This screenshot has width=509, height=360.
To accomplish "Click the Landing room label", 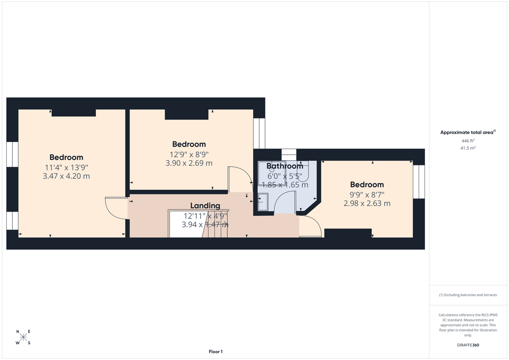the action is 205,206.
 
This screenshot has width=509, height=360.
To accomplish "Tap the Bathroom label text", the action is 285,166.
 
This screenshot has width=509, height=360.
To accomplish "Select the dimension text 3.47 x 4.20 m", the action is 66,176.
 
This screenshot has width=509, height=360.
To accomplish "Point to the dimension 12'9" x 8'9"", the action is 189,155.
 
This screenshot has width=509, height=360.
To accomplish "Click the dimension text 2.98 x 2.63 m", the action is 367,203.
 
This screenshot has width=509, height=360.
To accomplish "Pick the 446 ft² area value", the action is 468,141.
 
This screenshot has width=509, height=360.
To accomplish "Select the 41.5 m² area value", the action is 468,148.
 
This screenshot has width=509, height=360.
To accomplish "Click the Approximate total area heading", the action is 468,132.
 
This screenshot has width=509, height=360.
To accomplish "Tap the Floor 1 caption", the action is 215,352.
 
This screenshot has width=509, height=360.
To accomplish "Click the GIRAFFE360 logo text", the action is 468,345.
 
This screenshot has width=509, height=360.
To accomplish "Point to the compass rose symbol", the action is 23,337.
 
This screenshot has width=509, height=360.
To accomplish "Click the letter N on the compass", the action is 17,332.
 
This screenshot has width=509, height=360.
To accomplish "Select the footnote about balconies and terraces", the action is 468,295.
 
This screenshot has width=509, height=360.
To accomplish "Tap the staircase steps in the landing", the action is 215,224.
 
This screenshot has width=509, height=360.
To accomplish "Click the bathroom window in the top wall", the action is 289,155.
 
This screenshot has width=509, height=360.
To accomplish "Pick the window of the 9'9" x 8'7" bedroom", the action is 419,182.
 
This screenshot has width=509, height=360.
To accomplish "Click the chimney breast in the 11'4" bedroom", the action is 74,113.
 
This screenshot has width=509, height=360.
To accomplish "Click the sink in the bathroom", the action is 263,202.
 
